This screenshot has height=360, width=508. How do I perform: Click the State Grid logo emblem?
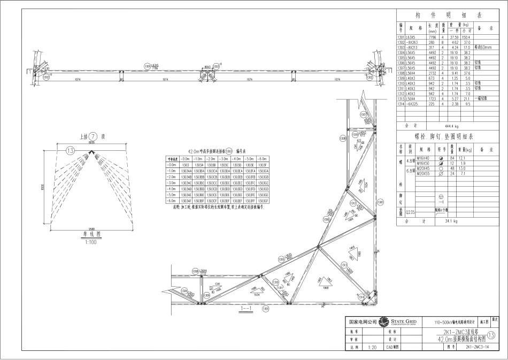click(x=383, y=323)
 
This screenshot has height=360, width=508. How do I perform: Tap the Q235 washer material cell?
click(x=411, y=212)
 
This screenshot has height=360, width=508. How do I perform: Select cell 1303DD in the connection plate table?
click(x=237, y=189)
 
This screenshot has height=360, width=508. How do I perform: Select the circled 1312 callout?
click(x=352, y=204)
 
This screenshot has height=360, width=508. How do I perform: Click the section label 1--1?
click(x=246, y=309)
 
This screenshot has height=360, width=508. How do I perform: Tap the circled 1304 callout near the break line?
click(x=184, y=291)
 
